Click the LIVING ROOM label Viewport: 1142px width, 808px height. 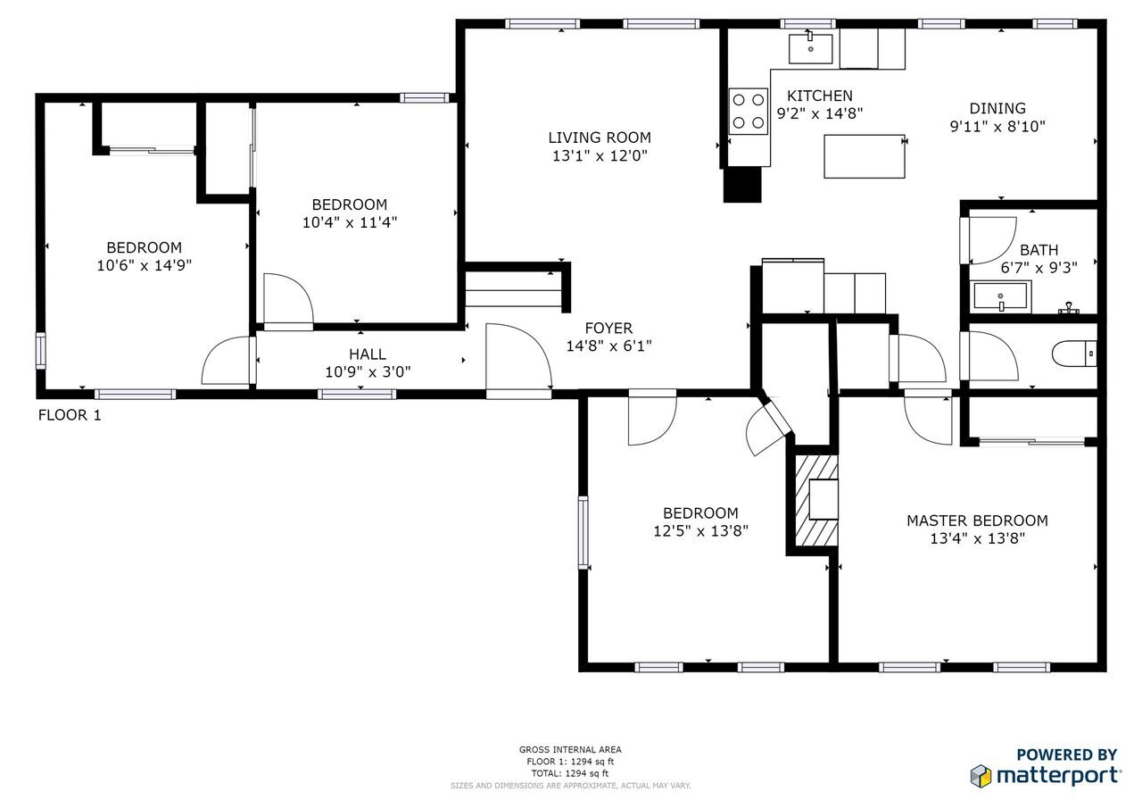pos(599,137)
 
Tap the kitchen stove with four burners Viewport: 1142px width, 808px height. pos(748,111)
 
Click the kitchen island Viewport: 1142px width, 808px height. pos(864,156)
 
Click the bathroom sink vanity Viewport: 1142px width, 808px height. pos(1001,296)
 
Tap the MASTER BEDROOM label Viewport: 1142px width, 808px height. pos(977,521)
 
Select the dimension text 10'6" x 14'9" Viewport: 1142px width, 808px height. pos(145,265)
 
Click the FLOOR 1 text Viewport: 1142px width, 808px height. pos(70,415)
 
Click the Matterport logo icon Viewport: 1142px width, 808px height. pos(981,775)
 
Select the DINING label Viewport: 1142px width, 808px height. pos(997,109)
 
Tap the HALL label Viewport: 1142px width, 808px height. pos(368,354)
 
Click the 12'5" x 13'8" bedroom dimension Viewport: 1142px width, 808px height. pos(700,530)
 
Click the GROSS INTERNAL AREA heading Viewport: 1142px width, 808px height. pos(570,750)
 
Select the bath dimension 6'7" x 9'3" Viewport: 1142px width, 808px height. pos(1038,267)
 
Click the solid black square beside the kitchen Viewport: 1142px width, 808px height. pos(741,185)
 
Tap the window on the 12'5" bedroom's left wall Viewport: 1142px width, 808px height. pos(583,532)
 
